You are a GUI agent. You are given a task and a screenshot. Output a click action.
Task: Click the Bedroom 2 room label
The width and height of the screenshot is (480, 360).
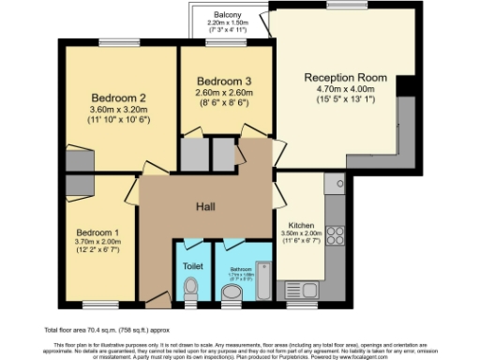point(118,97)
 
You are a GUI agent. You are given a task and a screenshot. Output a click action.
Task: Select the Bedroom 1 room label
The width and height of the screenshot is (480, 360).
point(97,232)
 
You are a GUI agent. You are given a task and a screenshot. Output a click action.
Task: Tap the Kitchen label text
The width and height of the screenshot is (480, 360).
point(301,226)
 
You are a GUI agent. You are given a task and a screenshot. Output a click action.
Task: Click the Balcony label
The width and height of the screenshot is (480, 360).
point(227,15)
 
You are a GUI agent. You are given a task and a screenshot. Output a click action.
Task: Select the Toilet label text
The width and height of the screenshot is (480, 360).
point(192,265)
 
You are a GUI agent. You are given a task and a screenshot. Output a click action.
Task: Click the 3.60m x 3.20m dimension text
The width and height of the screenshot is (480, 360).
point(118,110)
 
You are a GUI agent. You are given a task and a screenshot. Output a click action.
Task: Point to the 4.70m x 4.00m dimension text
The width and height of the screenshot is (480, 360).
point(344,89)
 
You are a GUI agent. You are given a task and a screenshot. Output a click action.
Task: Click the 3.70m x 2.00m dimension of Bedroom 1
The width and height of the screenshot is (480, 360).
point(97,242)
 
